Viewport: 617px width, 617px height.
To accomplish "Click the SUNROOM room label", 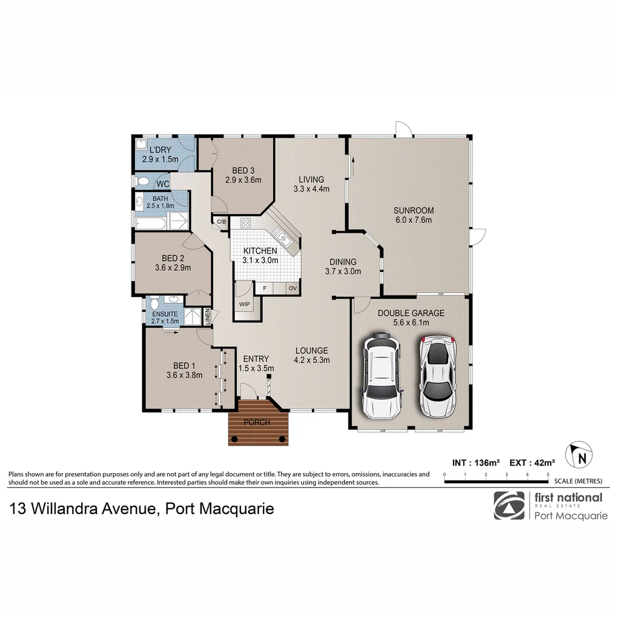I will click(414, 210).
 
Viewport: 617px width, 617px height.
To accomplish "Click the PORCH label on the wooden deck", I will click(257, 423).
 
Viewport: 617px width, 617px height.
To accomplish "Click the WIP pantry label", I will click(245, 305).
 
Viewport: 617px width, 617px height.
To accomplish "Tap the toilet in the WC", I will click(143, 182).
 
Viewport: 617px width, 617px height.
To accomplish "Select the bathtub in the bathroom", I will click(150, 223).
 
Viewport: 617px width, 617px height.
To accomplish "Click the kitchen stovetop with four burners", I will click(246, 223).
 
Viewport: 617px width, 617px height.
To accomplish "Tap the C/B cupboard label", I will click(221, 222).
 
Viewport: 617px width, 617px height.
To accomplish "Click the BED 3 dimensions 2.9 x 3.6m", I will click(243, 180).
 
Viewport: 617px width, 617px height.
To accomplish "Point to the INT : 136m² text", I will click(476, 462).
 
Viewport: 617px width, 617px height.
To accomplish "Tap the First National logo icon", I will click(509, 506).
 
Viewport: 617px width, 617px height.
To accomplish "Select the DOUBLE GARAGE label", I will click(411, 313).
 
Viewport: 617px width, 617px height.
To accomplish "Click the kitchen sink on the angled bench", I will click(281, 234).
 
